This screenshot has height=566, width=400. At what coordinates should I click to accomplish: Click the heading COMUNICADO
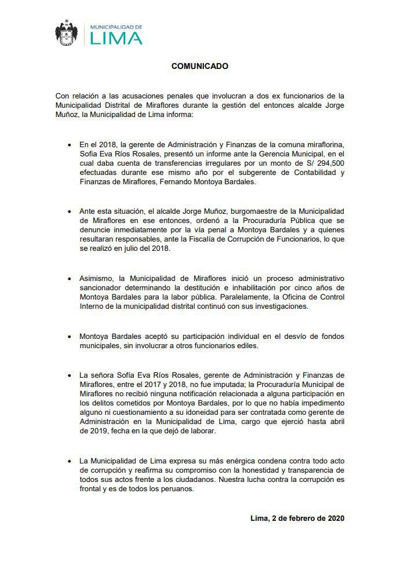coord(199,66)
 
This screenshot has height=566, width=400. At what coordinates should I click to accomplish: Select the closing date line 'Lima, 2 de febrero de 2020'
coord(298,518)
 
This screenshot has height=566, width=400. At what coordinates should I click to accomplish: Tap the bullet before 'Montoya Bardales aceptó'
coord(70,337)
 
